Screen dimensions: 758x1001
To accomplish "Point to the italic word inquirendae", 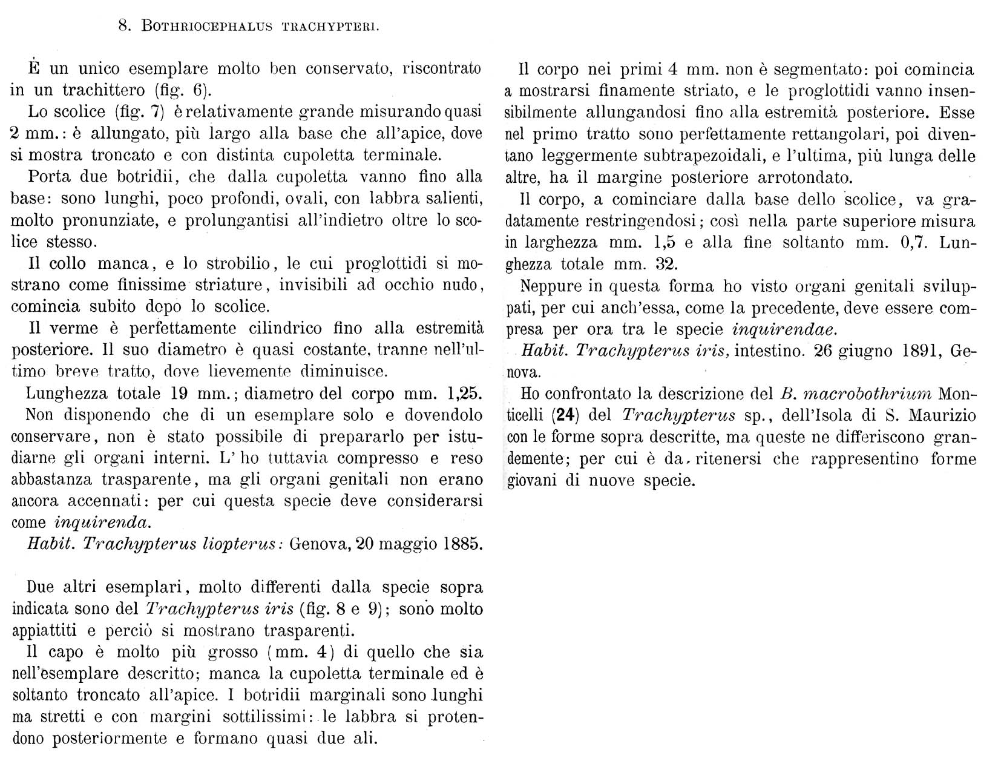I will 785,330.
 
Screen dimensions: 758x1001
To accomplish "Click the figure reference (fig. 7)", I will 140,113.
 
